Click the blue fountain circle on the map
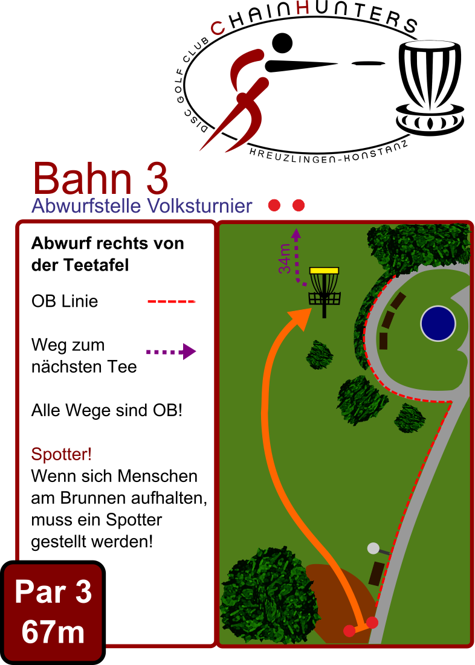click(x=438, y=324)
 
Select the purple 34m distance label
click(x=285, y=259)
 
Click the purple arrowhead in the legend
click(x=189, y=352)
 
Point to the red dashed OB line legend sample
click(x=171, y=301)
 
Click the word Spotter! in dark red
click(x=62, y=454)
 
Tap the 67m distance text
click(x=53, y=632)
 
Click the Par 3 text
click(x=53, y=592)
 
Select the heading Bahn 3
click(x=100, y=179)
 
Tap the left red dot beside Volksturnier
click(x=274, y=206)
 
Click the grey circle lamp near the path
click(x=373, y=548)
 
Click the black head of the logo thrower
click(x=282, y=43)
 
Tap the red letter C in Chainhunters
click(x=218, y=28)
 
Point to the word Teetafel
click(x=96, y=265)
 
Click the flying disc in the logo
click(x=368, y=63)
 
